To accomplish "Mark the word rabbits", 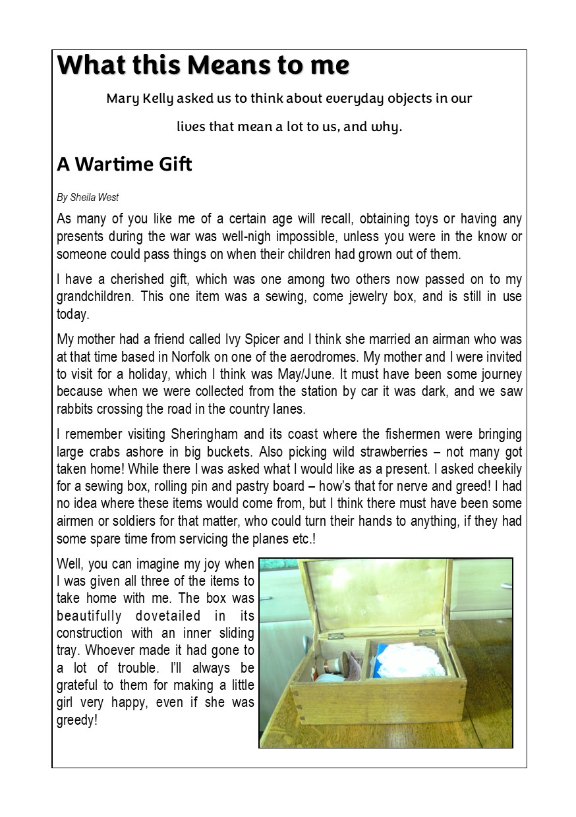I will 76,408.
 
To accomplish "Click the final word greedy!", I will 77,720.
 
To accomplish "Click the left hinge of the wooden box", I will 336,636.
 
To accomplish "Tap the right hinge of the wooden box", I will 427,633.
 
